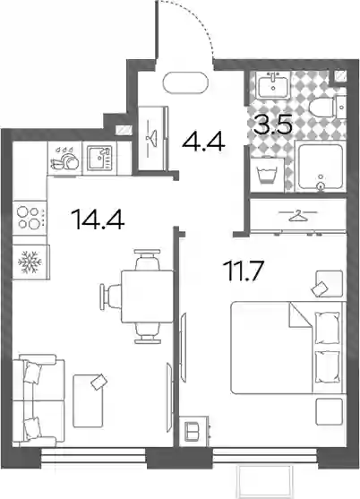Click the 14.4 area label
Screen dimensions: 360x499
tap(98, 219)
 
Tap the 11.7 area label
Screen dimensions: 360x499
tap(244, 271)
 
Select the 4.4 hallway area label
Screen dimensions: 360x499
tap(203, 142)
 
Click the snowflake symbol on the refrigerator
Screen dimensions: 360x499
tap(30, 262)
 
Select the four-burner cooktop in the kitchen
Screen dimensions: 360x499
tap(30, 218)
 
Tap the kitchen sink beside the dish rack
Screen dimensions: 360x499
tap(99, 158)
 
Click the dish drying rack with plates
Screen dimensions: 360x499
tap(64, 159)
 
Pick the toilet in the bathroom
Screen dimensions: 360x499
tap(322, 108)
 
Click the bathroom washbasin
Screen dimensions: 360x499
tap(273, 84)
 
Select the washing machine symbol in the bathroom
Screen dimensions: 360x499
tap(267, 175)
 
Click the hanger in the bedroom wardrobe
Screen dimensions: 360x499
tap(298, 216)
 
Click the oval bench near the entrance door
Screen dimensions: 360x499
tap(185, 82)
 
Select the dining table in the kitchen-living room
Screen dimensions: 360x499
tap(148, 297)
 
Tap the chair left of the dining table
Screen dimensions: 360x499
tap(110, 297)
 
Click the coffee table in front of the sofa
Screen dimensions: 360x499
tap(88, 401)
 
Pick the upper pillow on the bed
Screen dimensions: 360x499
tap(327, 328)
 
